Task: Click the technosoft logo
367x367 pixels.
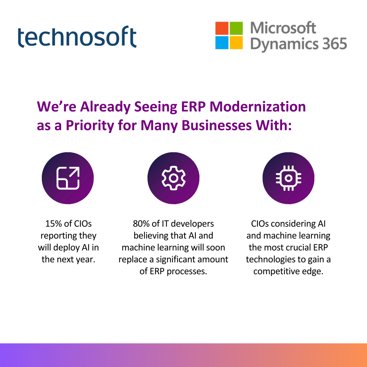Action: pyautogui.click(x=77, y=37)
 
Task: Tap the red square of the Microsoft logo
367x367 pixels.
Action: pyautogui.click(x=222, y=28)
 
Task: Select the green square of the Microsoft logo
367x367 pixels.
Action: pyautogui.click(x=236, y=28)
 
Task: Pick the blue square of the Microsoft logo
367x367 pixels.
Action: pyautogui.click(x=222, y=42)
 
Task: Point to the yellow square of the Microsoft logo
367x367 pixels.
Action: pyautogui.click(x=236, y=42)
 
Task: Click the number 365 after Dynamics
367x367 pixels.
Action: pyautogui.click(x=335, y=44)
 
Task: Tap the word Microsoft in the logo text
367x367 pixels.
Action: pyautogui.click(x=283, y=28)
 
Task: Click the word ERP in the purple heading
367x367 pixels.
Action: pyautogui.click(x=193, y=107)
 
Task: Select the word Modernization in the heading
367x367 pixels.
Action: pyautogui.click(x=258, y=107)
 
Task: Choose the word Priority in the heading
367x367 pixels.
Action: pyautogui.click(x=90, y=126)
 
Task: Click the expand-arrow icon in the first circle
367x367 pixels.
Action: pyautogui.click(x=68, y=178)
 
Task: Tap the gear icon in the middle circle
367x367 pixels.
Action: pyautogui.click(x=173, y=178)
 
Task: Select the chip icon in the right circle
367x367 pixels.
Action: pyautogui.click(x=289, y=178)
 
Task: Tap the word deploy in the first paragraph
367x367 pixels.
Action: pyautogui.click(x=65, y=248)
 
